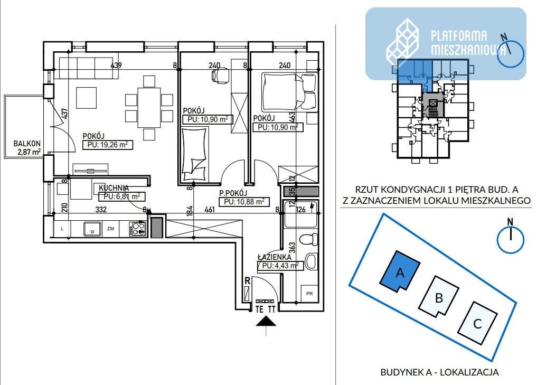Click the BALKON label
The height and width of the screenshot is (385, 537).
(27, 144)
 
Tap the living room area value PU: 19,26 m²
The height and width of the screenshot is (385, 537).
(108, 145)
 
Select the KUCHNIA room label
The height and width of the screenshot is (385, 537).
(114, 188)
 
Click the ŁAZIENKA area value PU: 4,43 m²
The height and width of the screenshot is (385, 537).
(280, 266)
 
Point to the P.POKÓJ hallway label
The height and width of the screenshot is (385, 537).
(233, 193)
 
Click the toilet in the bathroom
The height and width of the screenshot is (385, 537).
(308, 239)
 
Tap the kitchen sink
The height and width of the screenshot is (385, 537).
(92, 229)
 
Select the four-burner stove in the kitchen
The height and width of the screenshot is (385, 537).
(138, 229)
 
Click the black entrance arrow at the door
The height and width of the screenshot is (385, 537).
(266, 322)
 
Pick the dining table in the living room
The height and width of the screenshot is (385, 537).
(149, 107)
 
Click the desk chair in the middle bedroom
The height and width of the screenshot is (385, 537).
(220, 74)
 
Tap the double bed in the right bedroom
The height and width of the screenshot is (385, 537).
(290, 91)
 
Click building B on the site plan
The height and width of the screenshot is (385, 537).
(439, 297)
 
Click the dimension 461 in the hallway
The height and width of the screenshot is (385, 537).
(209, 209)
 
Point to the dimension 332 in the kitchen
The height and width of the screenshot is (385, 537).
(101, 209)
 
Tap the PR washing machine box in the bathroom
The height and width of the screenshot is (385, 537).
(309, 294)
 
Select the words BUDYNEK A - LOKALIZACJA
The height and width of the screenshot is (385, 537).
(439, 372)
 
